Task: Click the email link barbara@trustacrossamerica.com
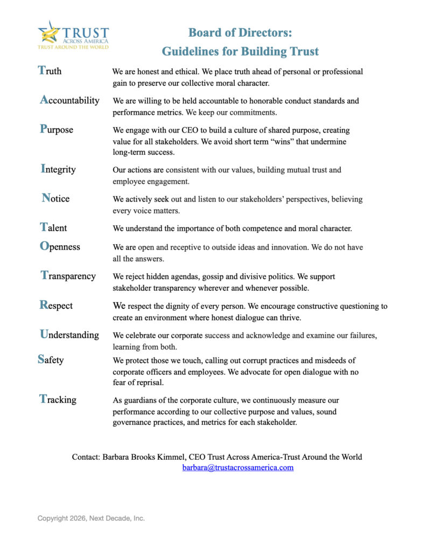238,467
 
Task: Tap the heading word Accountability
69,100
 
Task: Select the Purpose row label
56,129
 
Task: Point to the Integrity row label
58,169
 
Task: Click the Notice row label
55,198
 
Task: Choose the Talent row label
53,227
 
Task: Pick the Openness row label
60,246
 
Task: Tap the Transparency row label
68,275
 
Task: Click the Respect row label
56,305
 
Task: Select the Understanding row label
69,334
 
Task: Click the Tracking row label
58,399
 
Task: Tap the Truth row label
50,71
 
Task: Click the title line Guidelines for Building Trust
240,52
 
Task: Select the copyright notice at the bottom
91,518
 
